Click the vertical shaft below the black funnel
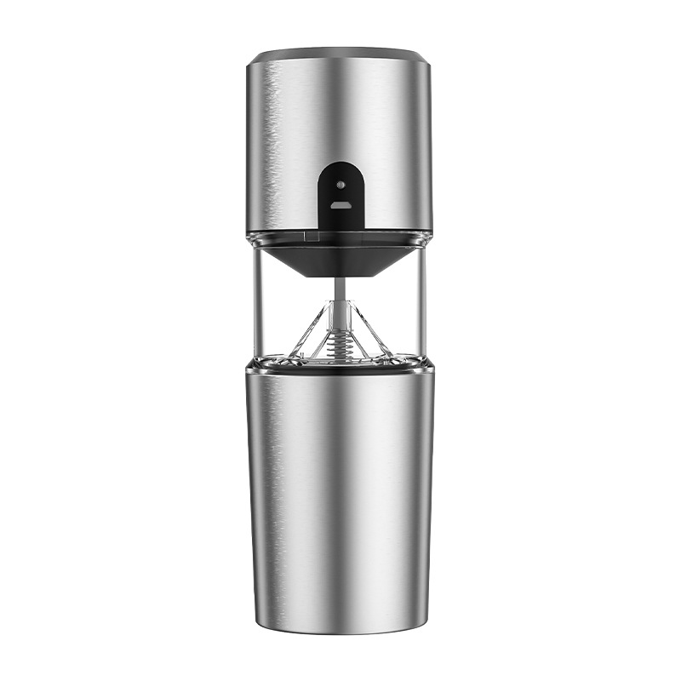pyautogui.click(x=340, y=289)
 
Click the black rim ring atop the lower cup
pyautogui.click(x=340, y=368)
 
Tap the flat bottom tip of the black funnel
pyautogui.click(x=340, y=274)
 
